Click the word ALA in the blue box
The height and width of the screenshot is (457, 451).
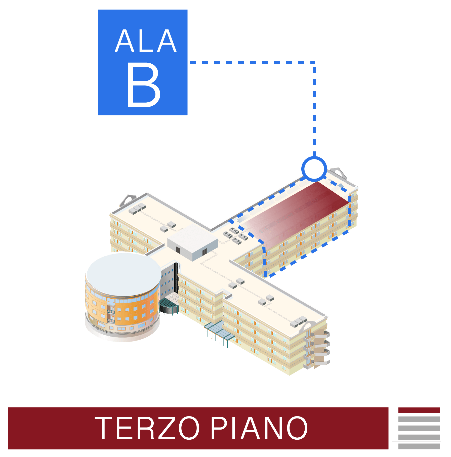146,41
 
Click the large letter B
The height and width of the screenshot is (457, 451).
144,85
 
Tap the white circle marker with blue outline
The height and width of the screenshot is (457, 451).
314,169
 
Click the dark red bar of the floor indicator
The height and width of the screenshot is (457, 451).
419,410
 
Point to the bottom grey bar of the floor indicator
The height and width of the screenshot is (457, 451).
419,446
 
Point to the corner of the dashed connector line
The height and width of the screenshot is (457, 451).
314,62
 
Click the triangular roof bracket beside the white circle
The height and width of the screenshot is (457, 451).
339,173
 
